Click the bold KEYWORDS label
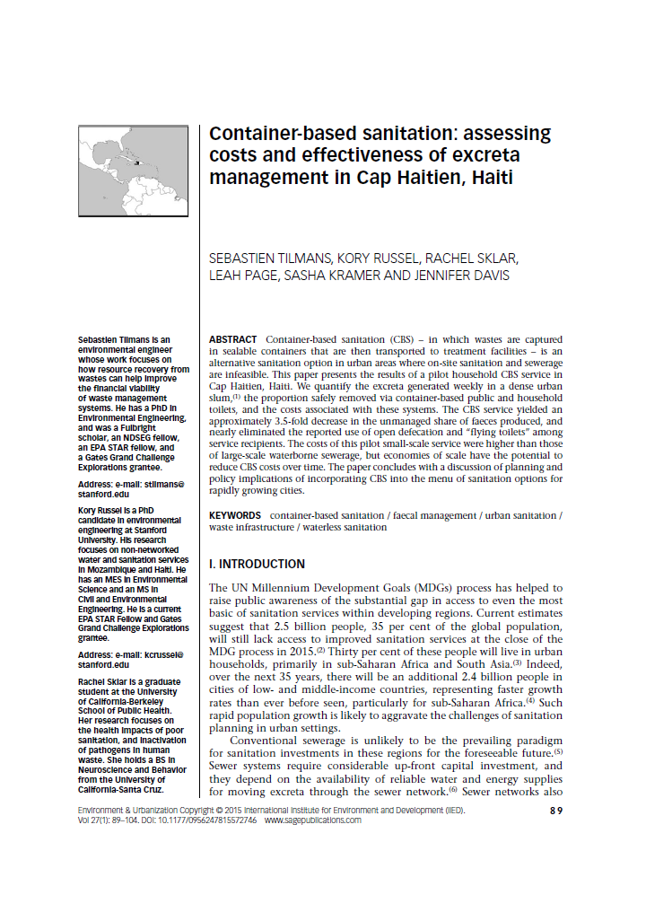pyautogui.click(x=236, y=515)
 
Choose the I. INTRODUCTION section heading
pyautogui.click(x=257, y=565)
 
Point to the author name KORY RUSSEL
pyautogui.click(x=380, y=259)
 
